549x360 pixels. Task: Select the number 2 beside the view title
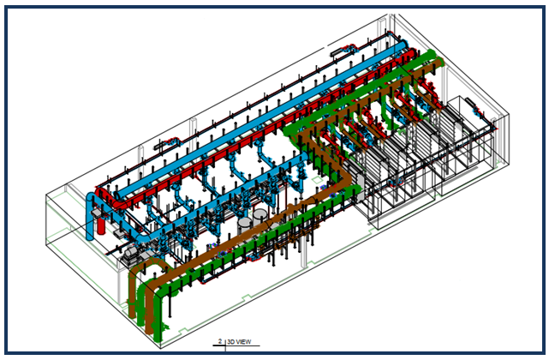pyautogui.click(x=220, y=341)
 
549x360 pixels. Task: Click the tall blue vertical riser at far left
pyautogui.click(x=91, y=219)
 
